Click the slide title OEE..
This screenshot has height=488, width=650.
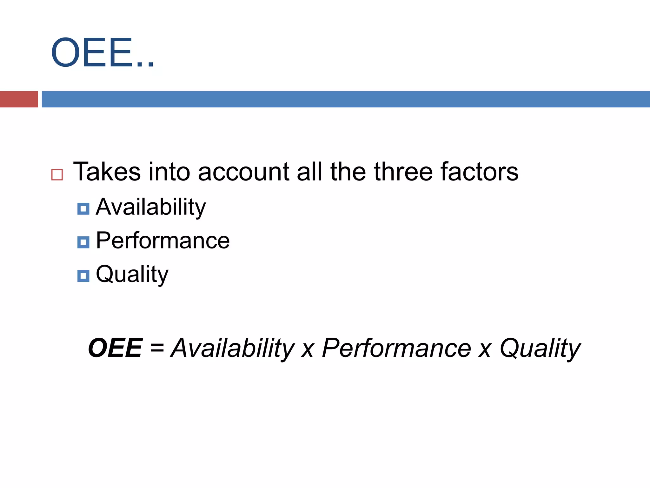tap(102, 52)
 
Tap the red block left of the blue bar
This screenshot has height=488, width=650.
tap(19, 99)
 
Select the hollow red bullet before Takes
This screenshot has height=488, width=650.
tap(57, 175)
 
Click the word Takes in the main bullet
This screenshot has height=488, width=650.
tap(107, 172)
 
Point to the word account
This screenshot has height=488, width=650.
tap(243, 172)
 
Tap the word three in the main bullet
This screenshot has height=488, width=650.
tap(403, 172)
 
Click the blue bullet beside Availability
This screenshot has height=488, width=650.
tap(83, 209)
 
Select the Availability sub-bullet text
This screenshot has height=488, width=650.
tap(151, 207)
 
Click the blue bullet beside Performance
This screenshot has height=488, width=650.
tap(83, 242)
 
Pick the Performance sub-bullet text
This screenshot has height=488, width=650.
tap(162, 241)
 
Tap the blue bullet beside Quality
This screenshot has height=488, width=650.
tap(83, 276)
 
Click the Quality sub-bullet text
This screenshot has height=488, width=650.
tap(132, 274)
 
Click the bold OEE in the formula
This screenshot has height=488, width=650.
tap(115, 348)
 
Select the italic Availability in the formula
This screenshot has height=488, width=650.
tap(233, 349)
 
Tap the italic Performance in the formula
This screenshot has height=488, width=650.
tap(396, 348)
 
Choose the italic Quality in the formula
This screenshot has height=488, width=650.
tap(540, 349)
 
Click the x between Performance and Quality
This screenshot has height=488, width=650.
tap(485, 349)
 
